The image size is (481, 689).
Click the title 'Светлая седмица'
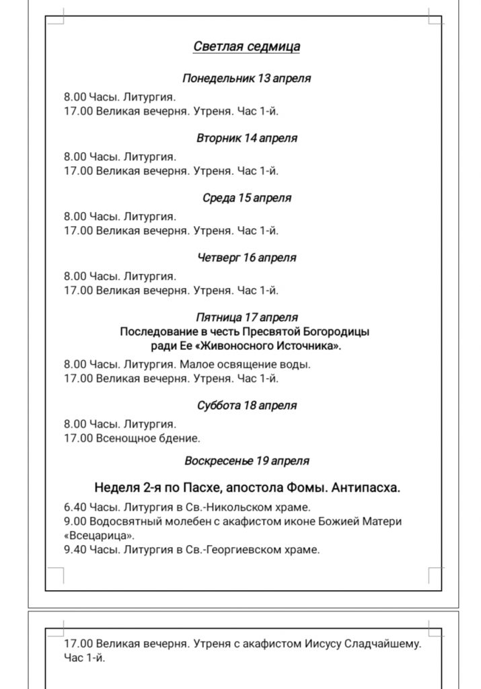pos(246,46)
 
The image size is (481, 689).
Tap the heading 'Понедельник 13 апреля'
pos(246,78)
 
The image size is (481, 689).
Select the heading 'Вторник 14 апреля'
pos(246,138)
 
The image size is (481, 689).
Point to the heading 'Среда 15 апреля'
pos(246,198)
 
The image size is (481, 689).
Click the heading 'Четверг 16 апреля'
pos(246,258)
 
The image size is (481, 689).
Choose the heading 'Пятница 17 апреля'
pos(246,317)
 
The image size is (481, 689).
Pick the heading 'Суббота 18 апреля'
pos(246,406)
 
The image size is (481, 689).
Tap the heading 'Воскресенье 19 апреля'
pos(246,461)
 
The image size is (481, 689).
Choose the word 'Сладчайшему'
pos(386,644)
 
